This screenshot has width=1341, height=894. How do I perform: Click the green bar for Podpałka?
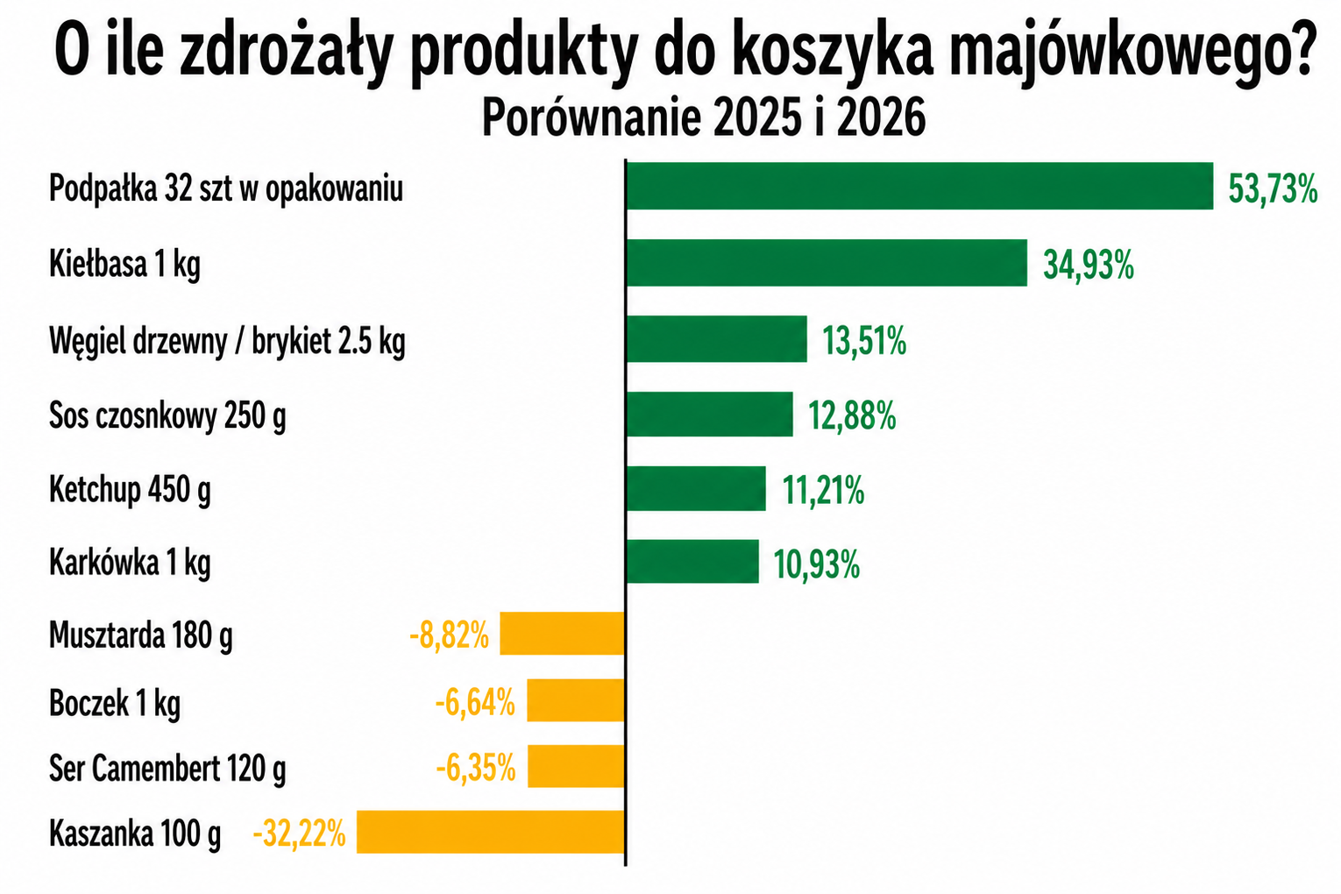point(919,186)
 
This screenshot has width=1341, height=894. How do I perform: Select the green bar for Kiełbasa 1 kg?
point(827,262)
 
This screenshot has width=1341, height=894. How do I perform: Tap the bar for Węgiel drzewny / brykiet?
point(716,338)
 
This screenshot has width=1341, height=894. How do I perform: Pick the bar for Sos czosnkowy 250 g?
point(709,414)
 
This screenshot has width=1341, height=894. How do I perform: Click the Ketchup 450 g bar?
point(696,488)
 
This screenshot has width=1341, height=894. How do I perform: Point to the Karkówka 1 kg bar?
point(692,561)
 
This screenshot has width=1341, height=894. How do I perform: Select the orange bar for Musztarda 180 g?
point(562,634)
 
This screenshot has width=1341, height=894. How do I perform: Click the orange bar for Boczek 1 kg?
point(575,700)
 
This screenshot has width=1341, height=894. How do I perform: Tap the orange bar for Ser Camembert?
point(576,766)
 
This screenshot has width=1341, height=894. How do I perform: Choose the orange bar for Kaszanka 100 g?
point(490,832)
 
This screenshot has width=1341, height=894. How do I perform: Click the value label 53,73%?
point(1273,188)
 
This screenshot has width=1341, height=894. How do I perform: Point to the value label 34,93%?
point(1089,265)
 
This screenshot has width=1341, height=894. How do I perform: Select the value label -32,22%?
point(299,833)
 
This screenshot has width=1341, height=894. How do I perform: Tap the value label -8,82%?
point(449,635)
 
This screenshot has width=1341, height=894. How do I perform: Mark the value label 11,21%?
point(823,491)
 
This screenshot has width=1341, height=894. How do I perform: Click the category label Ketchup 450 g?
point(130,489)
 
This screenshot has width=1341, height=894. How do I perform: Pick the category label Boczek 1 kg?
point(115,702)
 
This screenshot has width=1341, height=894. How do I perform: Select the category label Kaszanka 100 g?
point(135,833)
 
